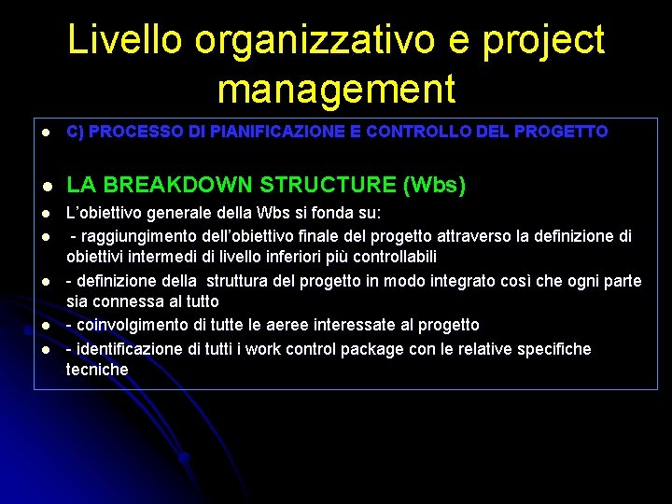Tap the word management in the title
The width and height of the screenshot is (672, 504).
click(336, 89)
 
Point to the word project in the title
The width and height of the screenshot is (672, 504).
click(547, 40)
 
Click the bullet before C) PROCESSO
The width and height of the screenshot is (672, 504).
click(44, 133)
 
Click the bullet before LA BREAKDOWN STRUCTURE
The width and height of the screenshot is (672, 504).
click(44, 186)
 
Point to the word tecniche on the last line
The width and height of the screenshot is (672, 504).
click(97, 370)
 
